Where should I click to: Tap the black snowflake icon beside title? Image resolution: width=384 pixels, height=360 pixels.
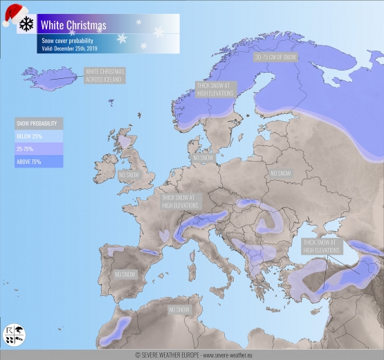[26, 24]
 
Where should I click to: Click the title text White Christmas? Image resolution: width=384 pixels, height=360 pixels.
[73, 26]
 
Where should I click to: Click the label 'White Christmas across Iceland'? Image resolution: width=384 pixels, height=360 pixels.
[104, 75]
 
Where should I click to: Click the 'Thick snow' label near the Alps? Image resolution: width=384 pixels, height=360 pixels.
[181, 201]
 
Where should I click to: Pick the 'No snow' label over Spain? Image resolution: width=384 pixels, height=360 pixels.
[125, 274]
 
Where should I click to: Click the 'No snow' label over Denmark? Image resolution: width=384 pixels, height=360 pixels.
[203, 158]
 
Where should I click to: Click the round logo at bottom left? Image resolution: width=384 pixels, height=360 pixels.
[15, 335]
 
